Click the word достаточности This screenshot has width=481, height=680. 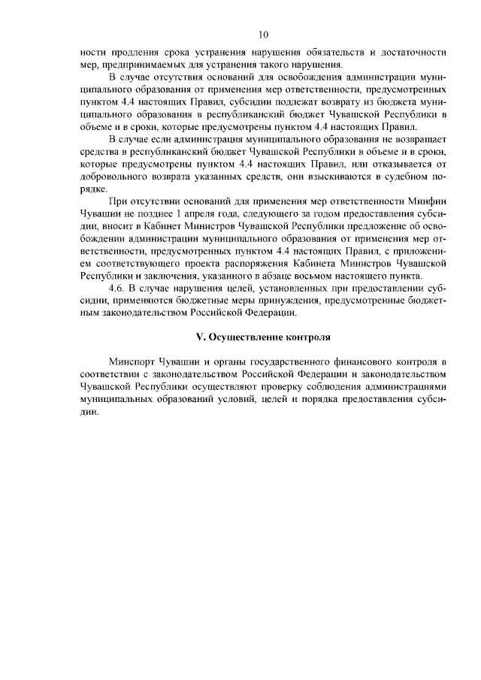coord(410,53)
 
